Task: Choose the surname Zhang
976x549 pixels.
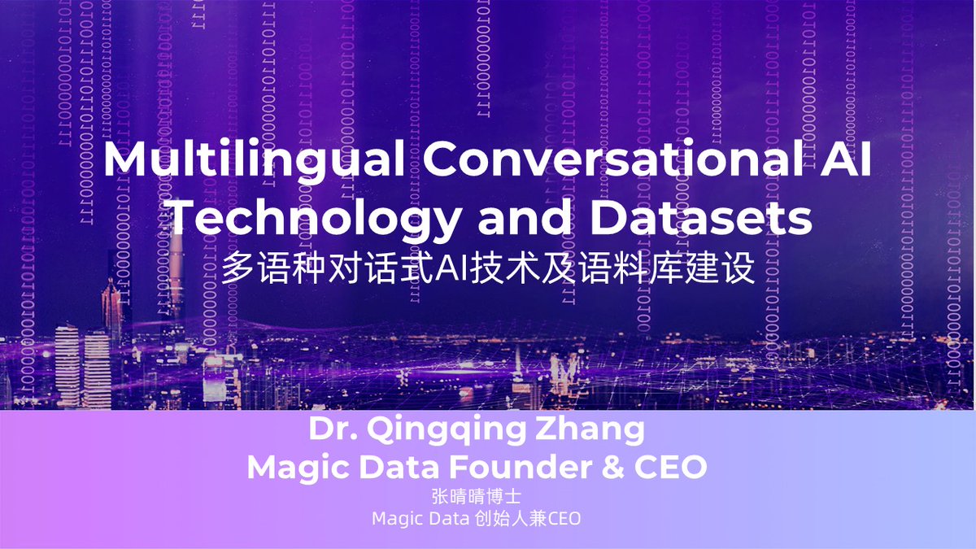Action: tap(599, 430)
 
